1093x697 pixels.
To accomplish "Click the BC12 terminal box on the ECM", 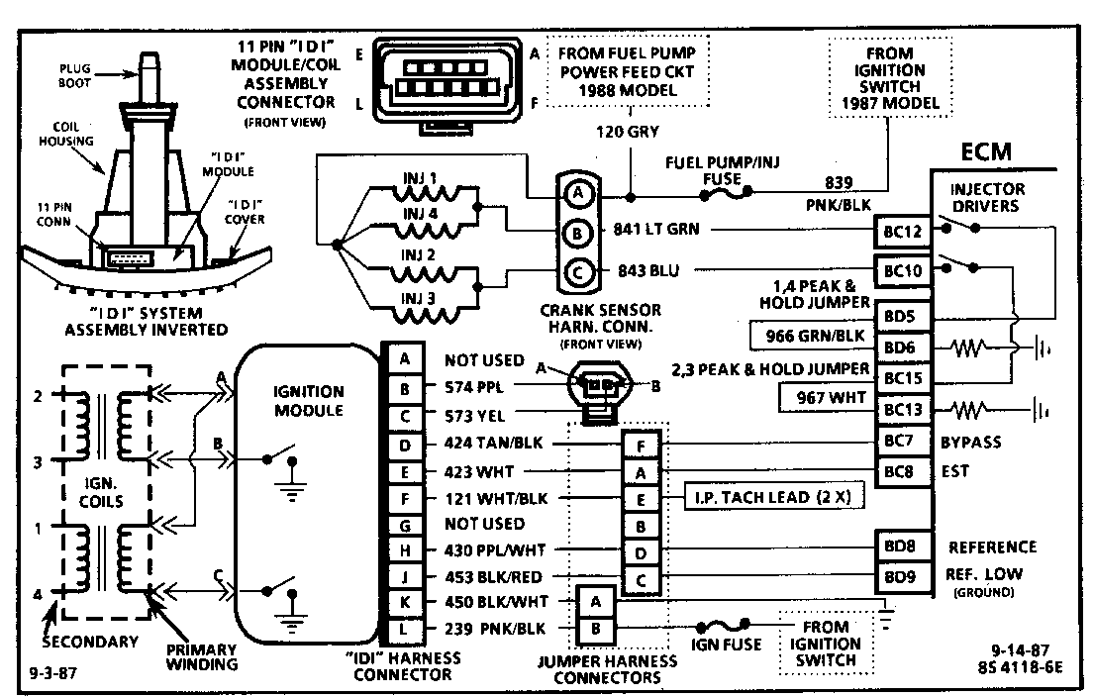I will coord(902,232).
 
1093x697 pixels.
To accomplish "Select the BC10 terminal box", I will coord(902,269).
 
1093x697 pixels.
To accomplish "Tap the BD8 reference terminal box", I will coord(902,547).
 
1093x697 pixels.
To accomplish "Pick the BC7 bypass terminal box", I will coord(902,442).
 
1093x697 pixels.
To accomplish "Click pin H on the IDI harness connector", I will coord(404,549).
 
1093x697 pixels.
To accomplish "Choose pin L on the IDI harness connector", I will coord(404,627).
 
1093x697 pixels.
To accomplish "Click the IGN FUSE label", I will coord(728,646).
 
